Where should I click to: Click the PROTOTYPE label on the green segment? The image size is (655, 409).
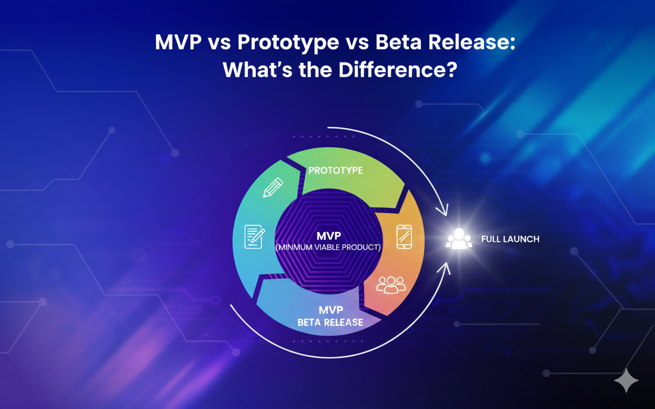click(x=335, y=170)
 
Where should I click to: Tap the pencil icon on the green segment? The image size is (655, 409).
click(x=273, y=188)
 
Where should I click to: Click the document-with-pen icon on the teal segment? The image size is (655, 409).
click(x=255, y=237)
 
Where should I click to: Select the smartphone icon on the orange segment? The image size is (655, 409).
click(x=404, y=237)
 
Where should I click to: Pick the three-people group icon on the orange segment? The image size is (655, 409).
click(x=390, y=284)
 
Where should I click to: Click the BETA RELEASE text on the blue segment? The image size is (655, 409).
click(x=330, y=323)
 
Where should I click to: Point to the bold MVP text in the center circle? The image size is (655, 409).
click(x=328, y=237)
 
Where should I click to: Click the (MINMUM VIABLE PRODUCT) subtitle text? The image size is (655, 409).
click(x=328, y=247)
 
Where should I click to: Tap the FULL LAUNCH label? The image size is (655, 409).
click(x=510, y=239)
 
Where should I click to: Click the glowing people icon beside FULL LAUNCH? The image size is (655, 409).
click(x=458, y=239)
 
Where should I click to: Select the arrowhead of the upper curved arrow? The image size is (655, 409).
click(x=442, y=210)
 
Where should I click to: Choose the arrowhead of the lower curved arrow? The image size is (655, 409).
click(x=444, y=269)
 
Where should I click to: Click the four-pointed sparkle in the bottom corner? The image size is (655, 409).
click(x=626, y=380)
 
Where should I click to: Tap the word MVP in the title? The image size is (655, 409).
click(x=179, y=43)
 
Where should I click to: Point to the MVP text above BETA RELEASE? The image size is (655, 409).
click(x=330, y=310)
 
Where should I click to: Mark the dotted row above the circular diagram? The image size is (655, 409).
click(x=327, y=137)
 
